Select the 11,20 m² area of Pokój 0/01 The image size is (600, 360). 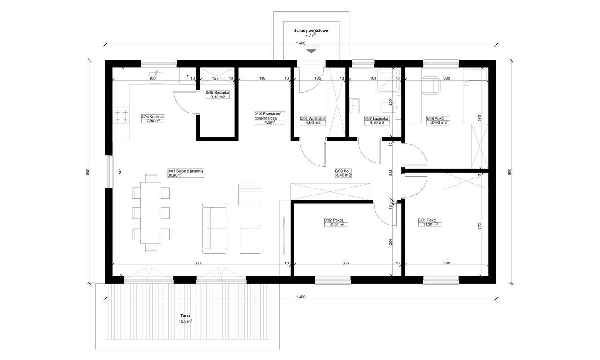[x=430, y=225]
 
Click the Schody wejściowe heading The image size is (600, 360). [x=311, y=31]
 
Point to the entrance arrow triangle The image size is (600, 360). [x=311, y=51]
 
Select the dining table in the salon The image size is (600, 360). [x=151, y=213]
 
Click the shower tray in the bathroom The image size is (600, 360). [x=389, y=81]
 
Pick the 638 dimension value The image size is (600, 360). [x=199, y=263]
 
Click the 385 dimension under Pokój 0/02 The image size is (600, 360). [x=345, y=263]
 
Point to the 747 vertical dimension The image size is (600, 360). [x=120, y=172]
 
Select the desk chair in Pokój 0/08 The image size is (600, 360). [x=431, y=85]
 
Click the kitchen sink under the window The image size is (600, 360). [x=156, y=76]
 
